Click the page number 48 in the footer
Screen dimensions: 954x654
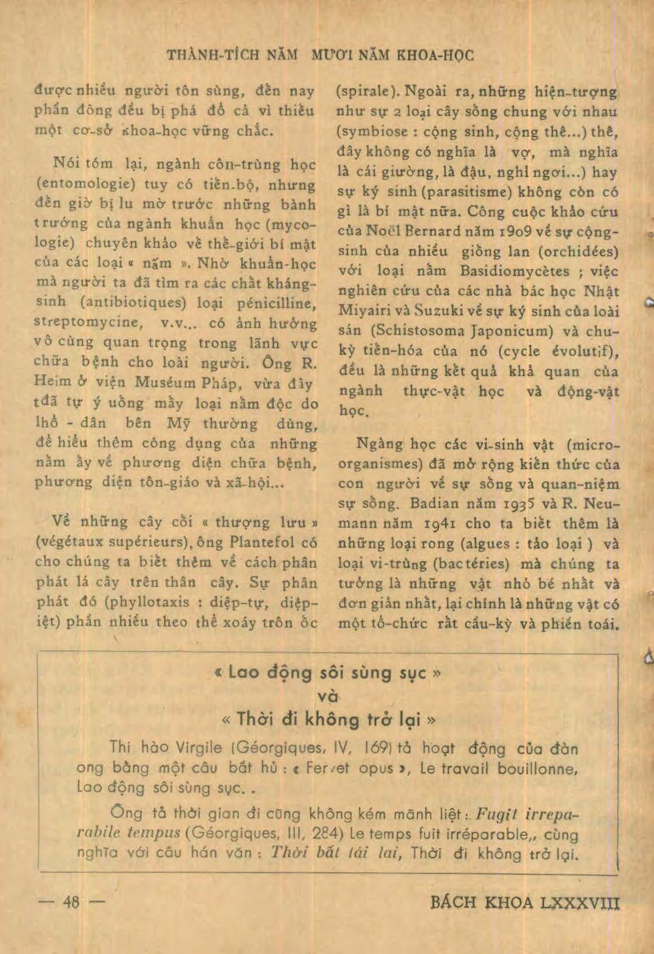[x=71, y=901]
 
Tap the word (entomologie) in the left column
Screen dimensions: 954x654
[x=84, y=185]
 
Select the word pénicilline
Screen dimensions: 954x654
[x=275, y=303]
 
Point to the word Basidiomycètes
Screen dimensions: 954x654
[x=515, y=271]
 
